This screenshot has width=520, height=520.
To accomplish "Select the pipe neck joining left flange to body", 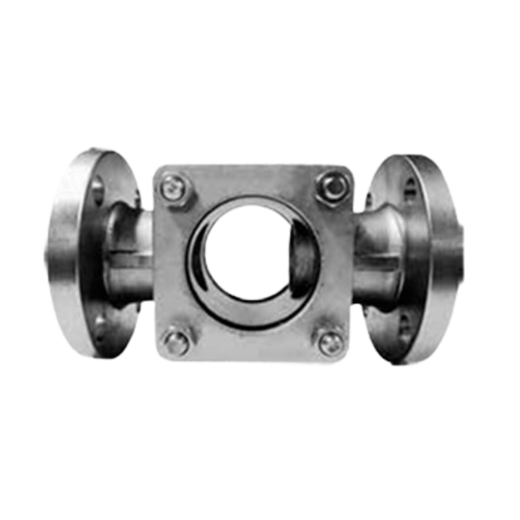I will [127, 255].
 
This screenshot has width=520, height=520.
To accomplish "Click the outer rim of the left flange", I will [60, 255].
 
